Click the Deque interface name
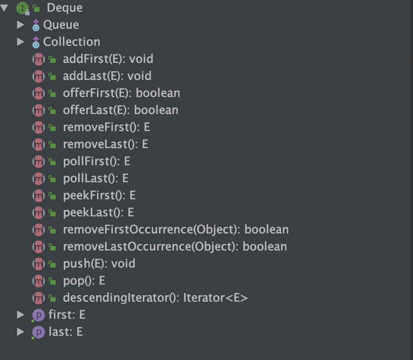[x=64, y=8]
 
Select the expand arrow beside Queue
[x=20, y=25]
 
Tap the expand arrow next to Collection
[x=20, y=42]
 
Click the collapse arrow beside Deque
[x=4, y=8]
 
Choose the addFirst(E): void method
[x=108, y=59]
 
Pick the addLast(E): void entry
[x=107, y=76]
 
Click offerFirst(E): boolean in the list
[x=121, y=93]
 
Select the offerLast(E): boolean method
[x=120, y=110]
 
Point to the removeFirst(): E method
[x=106, y=127]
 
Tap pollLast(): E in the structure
[x=96, y=178]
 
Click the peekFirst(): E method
[x=99, y=195]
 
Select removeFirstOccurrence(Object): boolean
[x=176, y=229]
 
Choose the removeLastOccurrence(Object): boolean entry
[x=175, y=246]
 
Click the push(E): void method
[x=99, y=263]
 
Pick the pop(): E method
[x=84, y=281]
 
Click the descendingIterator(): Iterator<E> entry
[x=155, y=298]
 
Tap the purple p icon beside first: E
[x=39, y=315]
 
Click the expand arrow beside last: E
[x=20, y=332]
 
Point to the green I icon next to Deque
[x=22, y=8]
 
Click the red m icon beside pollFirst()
[x=39, y=161]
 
